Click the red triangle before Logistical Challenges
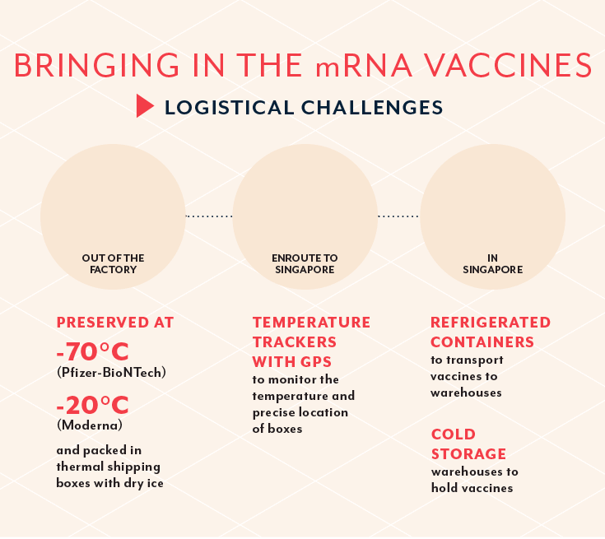coord(145,106)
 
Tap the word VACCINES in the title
coord(509,65)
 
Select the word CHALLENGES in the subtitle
coord(372,107)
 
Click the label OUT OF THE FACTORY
coord(113,263)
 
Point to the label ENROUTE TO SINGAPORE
coord(305,263)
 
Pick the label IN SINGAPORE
coord(493,263)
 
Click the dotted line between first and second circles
coord(209,216)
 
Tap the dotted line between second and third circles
coord(398,216)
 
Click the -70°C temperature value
coord(92,351)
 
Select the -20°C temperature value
coord(92,405)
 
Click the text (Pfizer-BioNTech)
coord(111,373)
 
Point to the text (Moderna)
coord(90,425)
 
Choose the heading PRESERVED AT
coord(115,323)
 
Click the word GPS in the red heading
coord(316,362)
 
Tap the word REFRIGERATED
coord(491,323)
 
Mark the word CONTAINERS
coord(482,342)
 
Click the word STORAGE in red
coord(468,454)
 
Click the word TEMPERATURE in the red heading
coord(311,323)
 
